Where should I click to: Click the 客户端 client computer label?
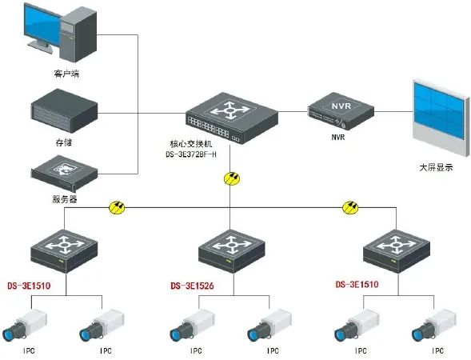(x=66, y=74)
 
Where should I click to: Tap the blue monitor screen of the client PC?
(x=42, y=26)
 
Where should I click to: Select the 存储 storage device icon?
(x=65, y=111)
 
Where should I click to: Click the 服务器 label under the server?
(x=65, y=199)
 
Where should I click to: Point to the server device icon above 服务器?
(x=65, y=174)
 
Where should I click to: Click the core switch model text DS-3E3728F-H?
(x=191, y=154)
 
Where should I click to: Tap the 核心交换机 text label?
(x=191, y=144)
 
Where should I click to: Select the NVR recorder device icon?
(x=341, y=111)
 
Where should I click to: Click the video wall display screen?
(x=438, y=110)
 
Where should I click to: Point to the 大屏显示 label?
(x=436, y=167)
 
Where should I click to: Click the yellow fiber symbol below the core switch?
(x=232, y=178)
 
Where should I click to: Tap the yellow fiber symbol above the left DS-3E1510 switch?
(x=117, y=208)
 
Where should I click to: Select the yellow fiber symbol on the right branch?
(x=350, y=207)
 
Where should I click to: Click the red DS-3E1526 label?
(x=192, y=286)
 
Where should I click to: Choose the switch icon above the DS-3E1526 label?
(x=232, y=251)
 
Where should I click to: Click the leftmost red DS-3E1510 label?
(x=29, y=286)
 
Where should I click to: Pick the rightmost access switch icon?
(x=397, y=251)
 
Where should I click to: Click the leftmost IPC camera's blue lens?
(x=9, y=334)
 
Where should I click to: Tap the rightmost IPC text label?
(x=437, y=350)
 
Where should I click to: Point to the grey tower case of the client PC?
(x=78, y=34)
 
